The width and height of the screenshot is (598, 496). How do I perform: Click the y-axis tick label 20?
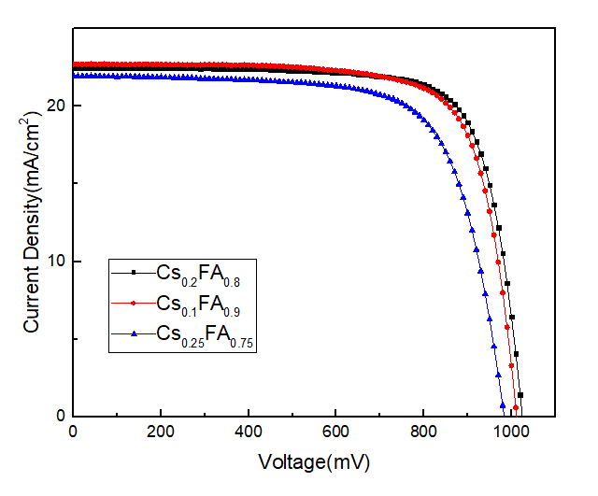[55, 106]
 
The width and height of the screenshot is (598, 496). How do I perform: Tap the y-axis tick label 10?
[55, 261]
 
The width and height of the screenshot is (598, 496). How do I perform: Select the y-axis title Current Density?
[32, 220]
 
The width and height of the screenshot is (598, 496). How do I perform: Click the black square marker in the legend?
[134, 273]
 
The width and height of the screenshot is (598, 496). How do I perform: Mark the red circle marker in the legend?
[134, 303]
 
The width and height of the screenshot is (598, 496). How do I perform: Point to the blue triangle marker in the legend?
[134, 333]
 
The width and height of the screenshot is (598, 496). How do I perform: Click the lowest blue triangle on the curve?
[503, 404]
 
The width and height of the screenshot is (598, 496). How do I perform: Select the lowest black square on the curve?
[520, 395]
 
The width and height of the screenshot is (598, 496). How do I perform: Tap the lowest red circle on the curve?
[516, 407]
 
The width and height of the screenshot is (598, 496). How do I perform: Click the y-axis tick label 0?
[60, 416]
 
